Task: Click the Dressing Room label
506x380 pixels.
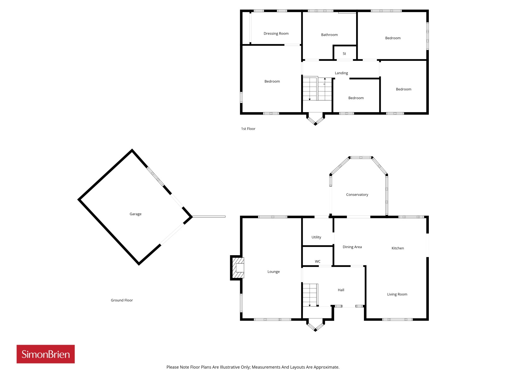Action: pos(276,34)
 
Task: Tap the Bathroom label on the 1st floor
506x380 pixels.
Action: pos(329,35)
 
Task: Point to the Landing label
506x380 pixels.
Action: pos(341,73)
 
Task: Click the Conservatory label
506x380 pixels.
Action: pos(357,194)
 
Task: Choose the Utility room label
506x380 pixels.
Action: pos(316,237)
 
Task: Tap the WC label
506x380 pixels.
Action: pos(318,262)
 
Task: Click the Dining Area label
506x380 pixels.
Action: pos(352,247)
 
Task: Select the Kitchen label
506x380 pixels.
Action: pos(398,248)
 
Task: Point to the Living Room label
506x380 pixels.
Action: pos(397,294)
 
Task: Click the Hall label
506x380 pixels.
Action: pos(341,290)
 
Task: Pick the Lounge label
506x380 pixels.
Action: pos(274,272)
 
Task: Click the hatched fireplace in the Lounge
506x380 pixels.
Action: pos(238,268)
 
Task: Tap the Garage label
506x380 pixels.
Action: pos(135,214)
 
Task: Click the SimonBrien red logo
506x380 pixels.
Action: pos(46,354)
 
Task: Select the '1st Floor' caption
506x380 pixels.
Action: pos(248,129)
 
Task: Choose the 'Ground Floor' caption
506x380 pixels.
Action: pos(122,300)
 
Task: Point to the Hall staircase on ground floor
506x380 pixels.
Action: pos(310,295)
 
